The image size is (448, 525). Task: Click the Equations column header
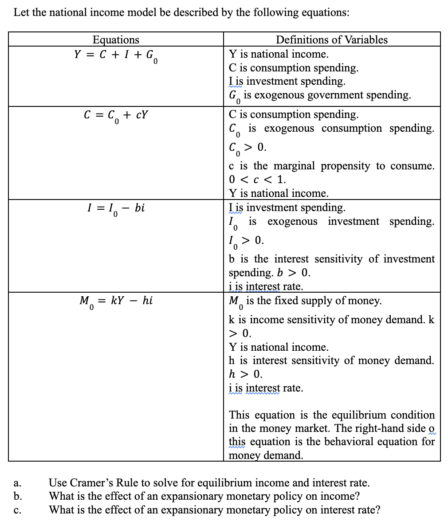point(116,39)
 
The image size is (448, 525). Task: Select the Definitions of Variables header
point(331,39)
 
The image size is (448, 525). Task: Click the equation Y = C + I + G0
point(116,55)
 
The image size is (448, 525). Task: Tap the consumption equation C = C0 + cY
point(116,116)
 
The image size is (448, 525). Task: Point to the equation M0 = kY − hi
point(116,302)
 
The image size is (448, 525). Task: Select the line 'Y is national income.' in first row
point(279,54)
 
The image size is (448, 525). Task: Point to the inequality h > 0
point(245,374)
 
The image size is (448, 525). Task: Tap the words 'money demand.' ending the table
point(266,455)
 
